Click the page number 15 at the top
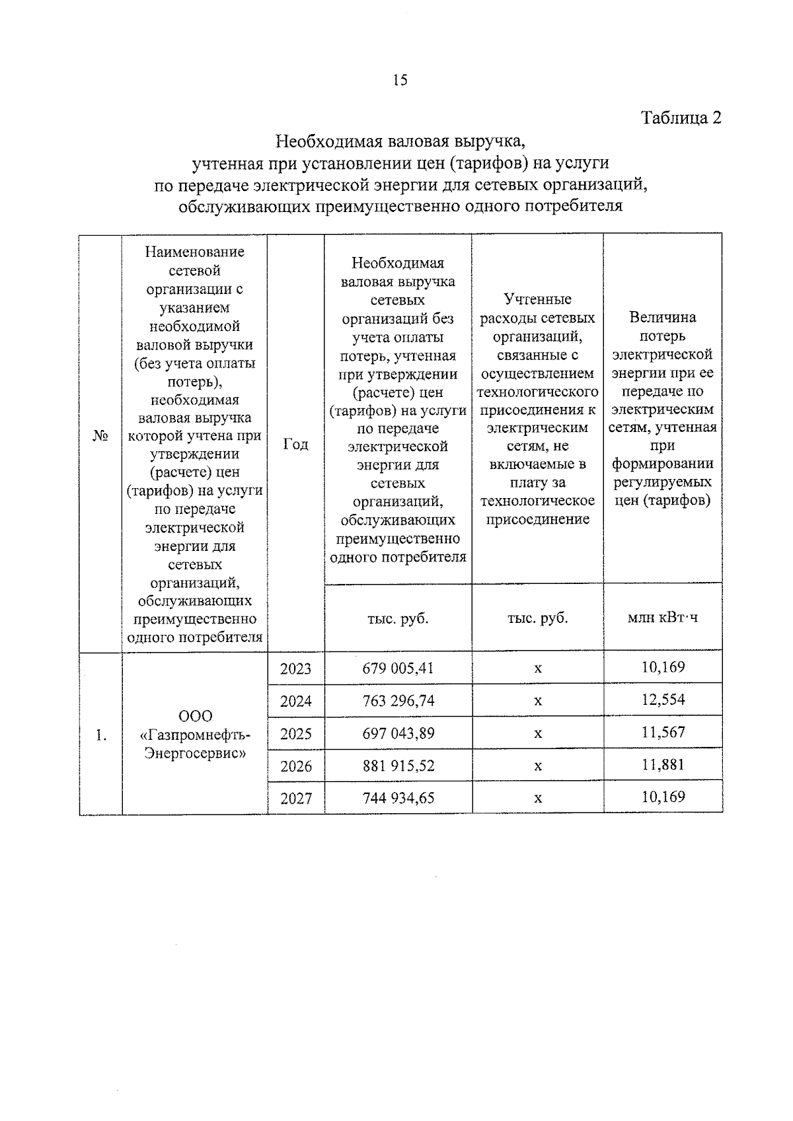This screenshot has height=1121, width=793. (x=400, y=81)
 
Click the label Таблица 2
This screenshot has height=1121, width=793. (x=681, y=118)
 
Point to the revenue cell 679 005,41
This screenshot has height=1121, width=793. (x=398, y=668)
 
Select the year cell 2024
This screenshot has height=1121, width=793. (x=295, y=701)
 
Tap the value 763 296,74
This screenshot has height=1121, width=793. (x=398, y=701)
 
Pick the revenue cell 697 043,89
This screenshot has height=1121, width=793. (x=398, y=733)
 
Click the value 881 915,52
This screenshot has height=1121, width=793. (x=398, y=766)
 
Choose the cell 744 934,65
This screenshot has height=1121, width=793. (x=398, y=798)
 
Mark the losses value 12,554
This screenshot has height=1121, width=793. (x=663, y=700)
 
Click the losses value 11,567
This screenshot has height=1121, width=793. (x=663, y=732)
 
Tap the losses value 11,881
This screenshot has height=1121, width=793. (x=663, y=764)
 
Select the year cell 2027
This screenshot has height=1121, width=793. (x=295, y=798)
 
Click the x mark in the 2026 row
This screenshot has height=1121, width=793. (x=538, y=766)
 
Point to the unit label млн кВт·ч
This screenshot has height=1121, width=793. (x=663, y=618)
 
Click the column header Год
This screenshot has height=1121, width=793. (x=295, y=444)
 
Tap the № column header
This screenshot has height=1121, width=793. (x=100, y=437)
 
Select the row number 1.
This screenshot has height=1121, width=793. (x=100, y=735)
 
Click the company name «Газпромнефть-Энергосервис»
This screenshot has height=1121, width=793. (x=195, y=735)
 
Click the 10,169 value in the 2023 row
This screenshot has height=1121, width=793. (x=663, y=667)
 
